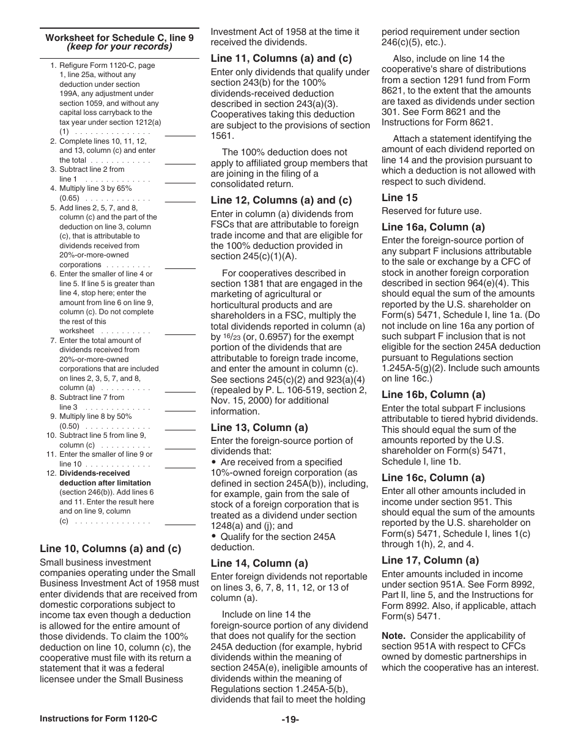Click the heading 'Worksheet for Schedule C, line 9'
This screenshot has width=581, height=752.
click(x=119, y=38)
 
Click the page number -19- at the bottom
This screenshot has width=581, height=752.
click(x=290, y=720)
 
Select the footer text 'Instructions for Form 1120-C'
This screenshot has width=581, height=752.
click(x=98, y=719)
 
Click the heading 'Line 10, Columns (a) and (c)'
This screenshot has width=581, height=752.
click(x=110, y=548)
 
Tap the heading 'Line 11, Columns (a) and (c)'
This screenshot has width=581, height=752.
click(x=281, y=59)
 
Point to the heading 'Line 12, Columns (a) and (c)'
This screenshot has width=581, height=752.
click(x=281, y=201)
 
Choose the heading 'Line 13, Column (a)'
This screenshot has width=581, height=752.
click(x=259, y=427)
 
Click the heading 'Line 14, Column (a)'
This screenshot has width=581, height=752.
click(x=259, y=563)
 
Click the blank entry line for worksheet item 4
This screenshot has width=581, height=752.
click(x=180, y=201)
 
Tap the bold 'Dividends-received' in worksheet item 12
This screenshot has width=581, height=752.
click(x=94, y=473)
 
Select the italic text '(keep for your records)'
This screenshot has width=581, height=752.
click(x=119, y=46)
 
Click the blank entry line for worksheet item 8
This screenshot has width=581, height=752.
click(x=180, y=410)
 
